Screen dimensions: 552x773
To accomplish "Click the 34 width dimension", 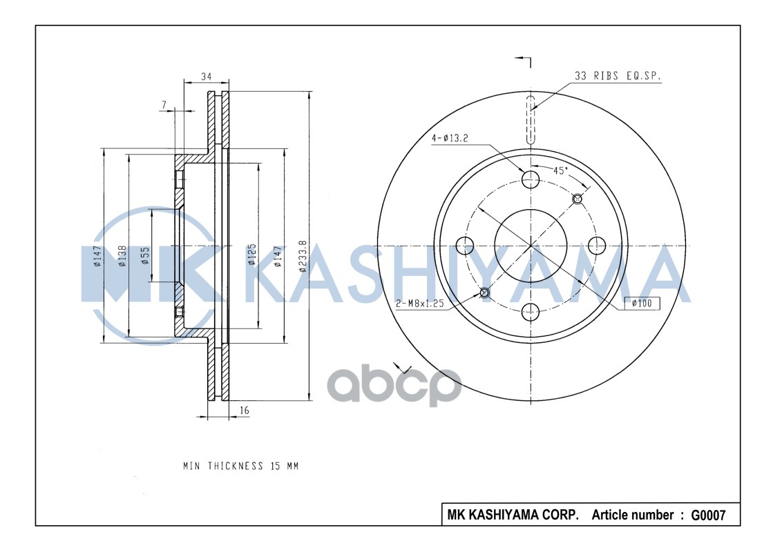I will click(x=206, y=77).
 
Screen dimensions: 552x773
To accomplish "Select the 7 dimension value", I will click(x=164, y=105).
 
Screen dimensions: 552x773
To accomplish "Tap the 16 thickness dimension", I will click(x=244, y=411).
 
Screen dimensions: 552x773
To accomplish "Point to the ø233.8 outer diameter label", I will click(x=302, y=257).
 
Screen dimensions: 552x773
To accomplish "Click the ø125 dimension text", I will click(x=252, y=255).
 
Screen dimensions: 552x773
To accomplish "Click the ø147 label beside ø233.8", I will click(x=277, y=256).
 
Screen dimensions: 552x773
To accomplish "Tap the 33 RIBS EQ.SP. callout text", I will click(x=617, y=77).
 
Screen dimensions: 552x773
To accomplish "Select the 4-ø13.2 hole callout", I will click(x=450, y=138).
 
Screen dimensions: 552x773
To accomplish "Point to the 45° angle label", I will click(x=560, y=170).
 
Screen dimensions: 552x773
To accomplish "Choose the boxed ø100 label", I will click(x=641, y=303).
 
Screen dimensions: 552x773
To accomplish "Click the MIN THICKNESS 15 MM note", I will click(x=240, y=466).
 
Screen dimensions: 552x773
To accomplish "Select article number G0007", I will click(x=705, y=515).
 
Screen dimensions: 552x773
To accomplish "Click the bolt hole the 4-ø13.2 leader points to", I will click(x=530, y=179).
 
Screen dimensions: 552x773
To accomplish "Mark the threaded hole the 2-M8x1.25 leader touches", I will click(x=484, y=293).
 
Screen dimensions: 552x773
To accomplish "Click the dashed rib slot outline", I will click(x=531, y=120).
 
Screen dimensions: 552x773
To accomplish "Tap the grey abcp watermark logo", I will click(x=394, y=386).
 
